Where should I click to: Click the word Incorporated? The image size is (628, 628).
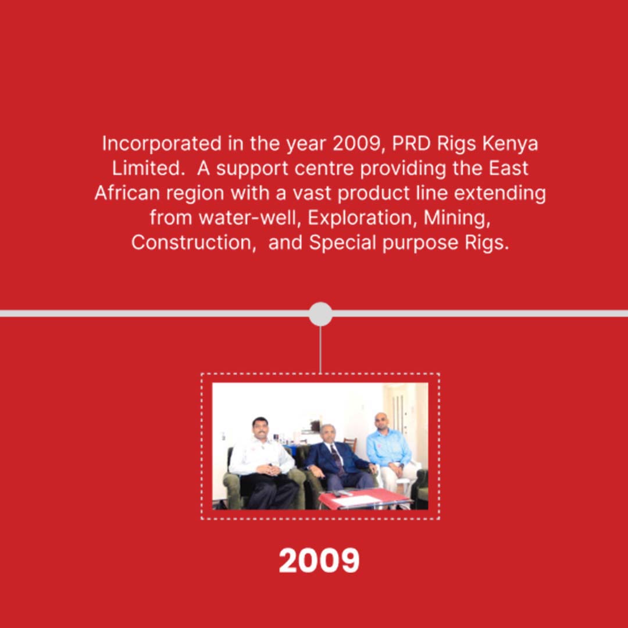(x=162, y=144)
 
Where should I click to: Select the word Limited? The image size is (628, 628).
(x=147, y=168)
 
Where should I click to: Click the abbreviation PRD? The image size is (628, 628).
(x=411, y=144)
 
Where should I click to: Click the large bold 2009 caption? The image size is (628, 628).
(x=319, y=560)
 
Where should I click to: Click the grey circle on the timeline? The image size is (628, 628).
(x=320, y=313)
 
